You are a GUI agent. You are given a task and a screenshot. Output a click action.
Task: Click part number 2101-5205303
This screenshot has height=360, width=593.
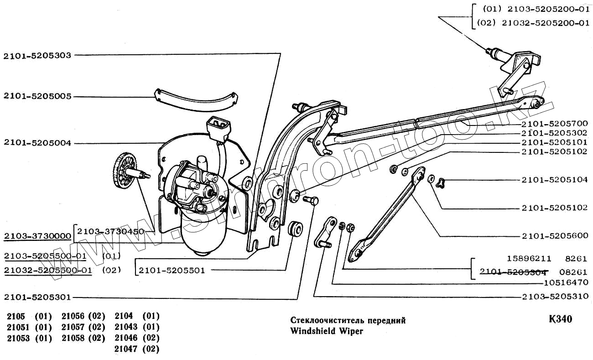pyautogui.click(x=37, y=56)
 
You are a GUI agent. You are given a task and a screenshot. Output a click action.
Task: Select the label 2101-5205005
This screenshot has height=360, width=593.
pyautogui.click(x=37, y=96)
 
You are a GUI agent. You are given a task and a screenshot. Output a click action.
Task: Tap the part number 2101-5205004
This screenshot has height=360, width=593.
pyautogui.click(x=37, y=143)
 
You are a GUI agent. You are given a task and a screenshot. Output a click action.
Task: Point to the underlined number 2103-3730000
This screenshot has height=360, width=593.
pyautogui.click(x=37, y=236)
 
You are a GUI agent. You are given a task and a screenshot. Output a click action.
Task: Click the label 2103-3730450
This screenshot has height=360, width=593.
pyautogui.click(x=110, y=231)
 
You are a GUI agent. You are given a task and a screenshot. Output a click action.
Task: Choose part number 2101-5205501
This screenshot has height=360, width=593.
pyautogui.click(x=172, y=271)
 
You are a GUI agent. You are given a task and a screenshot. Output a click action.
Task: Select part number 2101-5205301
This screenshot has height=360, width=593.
pyautogui.click(x=37, y=297)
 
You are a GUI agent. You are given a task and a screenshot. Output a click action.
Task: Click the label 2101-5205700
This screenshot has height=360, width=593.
pyautogui.click(x=554, y=124)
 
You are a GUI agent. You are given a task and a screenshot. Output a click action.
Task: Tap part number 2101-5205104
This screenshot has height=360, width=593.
pyautogui.click(x=554, y=180)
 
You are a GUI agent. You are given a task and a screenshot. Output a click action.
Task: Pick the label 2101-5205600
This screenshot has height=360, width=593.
pyautogui.click(x=554, y=236)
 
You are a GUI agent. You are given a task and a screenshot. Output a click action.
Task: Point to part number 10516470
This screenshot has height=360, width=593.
pyautogui.click(x=567, y=283)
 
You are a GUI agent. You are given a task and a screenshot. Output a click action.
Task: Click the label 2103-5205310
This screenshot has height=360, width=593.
pyautogui.click(x=554, y=297)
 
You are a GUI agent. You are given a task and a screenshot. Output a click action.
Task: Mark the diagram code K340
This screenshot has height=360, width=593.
pyautogui.click(x=561, y=319)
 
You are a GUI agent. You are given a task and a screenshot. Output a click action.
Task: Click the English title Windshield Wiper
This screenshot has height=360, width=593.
pyautogui.click(x=327, y=331)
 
